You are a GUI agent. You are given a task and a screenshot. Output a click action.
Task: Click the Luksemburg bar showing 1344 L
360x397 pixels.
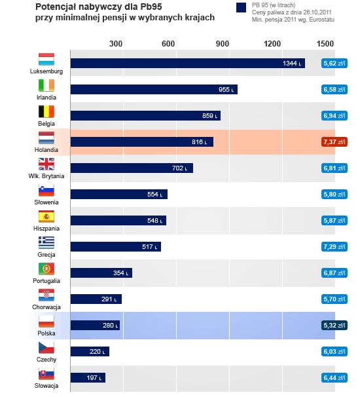(x=188, y=64)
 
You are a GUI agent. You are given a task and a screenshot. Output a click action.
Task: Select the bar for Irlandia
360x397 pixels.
(x=154, y=89)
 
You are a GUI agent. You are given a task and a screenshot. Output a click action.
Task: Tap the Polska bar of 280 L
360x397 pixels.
(x=95, y=326)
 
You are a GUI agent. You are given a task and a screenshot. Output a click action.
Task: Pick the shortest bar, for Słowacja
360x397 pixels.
(x=88, y=378)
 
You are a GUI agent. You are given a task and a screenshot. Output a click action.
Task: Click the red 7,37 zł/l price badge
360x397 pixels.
(x=334, y=142)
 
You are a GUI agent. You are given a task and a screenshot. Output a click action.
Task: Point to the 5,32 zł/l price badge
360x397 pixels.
(x=334, y=326)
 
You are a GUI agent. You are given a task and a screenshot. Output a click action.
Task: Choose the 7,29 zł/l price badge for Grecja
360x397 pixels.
(x=334, y=246)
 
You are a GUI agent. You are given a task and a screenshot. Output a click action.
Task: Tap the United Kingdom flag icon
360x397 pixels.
(x=46, y=164)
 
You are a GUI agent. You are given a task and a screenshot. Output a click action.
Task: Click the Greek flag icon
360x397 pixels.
(x=46, y=242)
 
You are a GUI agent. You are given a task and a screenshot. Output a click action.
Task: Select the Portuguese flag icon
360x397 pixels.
(x=46, y=269)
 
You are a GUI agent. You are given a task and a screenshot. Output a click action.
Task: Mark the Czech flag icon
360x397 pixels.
(x=46, y=347)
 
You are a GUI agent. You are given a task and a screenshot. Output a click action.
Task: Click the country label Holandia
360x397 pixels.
(x=46, y=150)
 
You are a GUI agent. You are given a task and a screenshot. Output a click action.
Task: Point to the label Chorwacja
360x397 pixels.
(x=46, y=307)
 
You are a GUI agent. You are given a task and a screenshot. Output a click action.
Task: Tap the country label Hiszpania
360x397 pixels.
(x=46, y=229)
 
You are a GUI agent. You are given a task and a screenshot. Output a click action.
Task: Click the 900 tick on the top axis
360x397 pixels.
(x=223, y=44)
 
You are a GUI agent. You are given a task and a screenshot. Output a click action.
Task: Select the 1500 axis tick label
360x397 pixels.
(x=325, y=44)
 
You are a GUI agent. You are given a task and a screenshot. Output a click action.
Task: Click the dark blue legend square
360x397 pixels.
(x=241, y=8)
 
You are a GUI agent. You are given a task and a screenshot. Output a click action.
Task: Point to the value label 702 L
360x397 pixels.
(x=179, y=168)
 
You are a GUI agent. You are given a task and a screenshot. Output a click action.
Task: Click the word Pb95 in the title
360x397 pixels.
(x=151, y=7)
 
